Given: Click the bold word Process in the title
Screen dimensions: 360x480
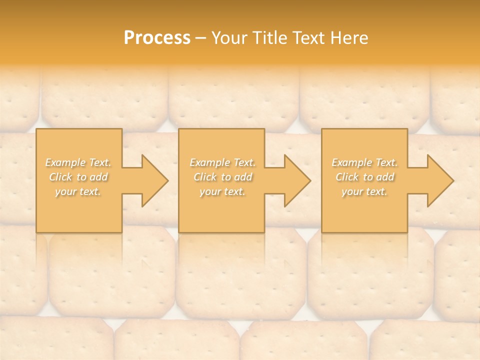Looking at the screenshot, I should coord(157,38).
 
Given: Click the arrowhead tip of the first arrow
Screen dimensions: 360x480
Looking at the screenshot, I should coord(167,180).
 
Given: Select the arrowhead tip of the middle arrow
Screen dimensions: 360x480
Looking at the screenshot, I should coord(310,180).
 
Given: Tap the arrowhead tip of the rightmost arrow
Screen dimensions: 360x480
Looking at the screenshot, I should coord(453,180).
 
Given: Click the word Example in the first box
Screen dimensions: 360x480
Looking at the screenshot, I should coord(65,162).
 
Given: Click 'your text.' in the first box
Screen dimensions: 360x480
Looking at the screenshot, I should coord(78,191).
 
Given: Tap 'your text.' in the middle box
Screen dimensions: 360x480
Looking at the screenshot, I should coord(222,191).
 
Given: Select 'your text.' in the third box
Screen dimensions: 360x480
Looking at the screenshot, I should coord(364,191).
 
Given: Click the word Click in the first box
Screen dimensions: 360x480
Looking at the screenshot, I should coord(60,177).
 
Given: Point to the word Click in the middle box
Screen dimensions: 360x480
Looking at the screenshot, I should coord(204,177).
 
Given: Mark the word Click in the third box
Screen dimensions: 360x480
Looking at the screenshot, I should coord(346,177).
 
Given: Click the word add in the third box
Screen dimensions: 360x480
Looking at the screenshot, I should coord(385,177).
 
